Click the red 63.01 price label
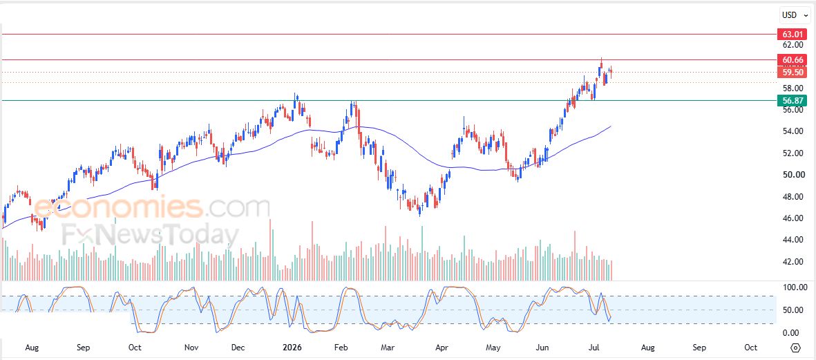point(792,35)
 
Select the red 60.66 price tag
point(792,60)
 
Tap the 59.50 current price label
point(792,73)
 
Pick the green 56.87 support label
point(792,100)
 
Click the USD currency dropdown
point(794,16)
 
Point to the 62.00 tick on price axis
point(793,45)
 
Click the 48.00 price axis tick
point(793,197)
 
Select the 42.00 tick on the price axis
point(793,262)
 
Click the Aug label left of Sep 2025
point(32,347)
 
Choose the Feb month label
point(341,347)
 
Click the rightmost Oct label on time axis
point(750,347)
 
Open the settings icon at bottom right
point(795,348)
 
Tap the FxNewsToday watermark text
point(150,234)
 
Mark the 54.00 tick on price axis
point(793,131)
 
